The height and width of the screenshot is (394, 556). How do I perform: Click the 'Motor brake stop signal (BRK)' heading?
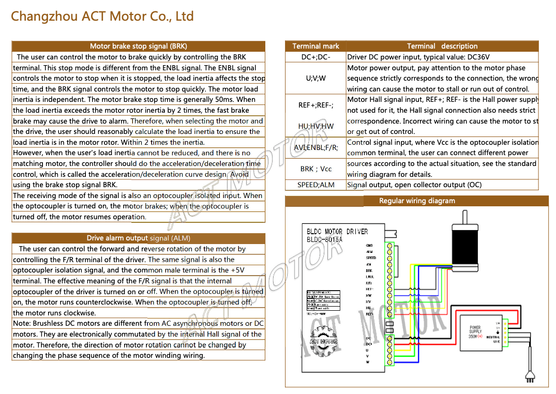pyautogui.click(x=138, y=46)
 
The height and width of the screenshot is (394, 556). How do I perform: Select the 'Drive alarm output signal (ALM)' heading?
pyautogui.click(x=138, y=238)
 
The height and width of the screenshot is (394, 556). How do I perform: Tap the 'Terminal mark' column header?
pyautogui.click(x=315, y=46)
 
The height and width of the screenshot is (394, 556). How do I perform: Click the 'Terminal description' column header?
pyautogui.click(x=442, y=46)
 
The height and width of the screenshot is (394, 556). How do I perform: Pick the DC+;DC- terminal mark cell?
pyautogui.click(x=315, y=57)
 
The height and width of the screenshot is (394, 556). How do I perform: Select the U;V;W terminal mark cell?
pyautogui.click(x=315, y=78)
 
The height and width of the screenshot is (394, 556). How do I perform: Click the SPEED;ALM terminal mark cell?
pyautogui.click(x=315, y=185)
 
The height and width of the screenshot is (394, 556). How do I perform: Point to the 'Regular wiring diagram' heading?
pyautogui.click(x=417, y=201)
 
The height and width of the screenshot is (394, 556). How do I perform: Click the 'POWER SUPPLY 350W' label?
pyautogui.click(x=475, y=332)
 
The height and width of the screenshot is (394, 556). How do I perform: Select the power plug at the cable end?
pyautogui.click(x=529, y=377)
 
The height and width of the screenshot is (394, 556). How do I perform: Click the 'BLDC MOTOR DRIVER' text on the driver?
pyautogui.click(x=337, y=232)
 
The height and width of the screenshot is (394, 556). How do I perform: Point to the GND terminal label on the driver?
pyautogui.click(x=369, y=246)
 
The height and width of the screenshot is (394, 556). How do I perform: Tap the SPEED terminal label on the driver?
pyautogui.click(x=371, y=257)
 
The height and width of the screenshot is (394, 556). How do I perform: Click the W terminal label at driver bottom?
pyautogui.click(x=368, y=362)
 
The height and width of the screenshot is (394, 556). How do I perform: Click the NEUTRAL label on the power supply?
pyautogui.click(x=493, y=337)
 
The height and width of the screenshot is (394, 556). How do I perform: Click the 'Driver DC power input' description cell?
pyautogui.click(x=418, y=57)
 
